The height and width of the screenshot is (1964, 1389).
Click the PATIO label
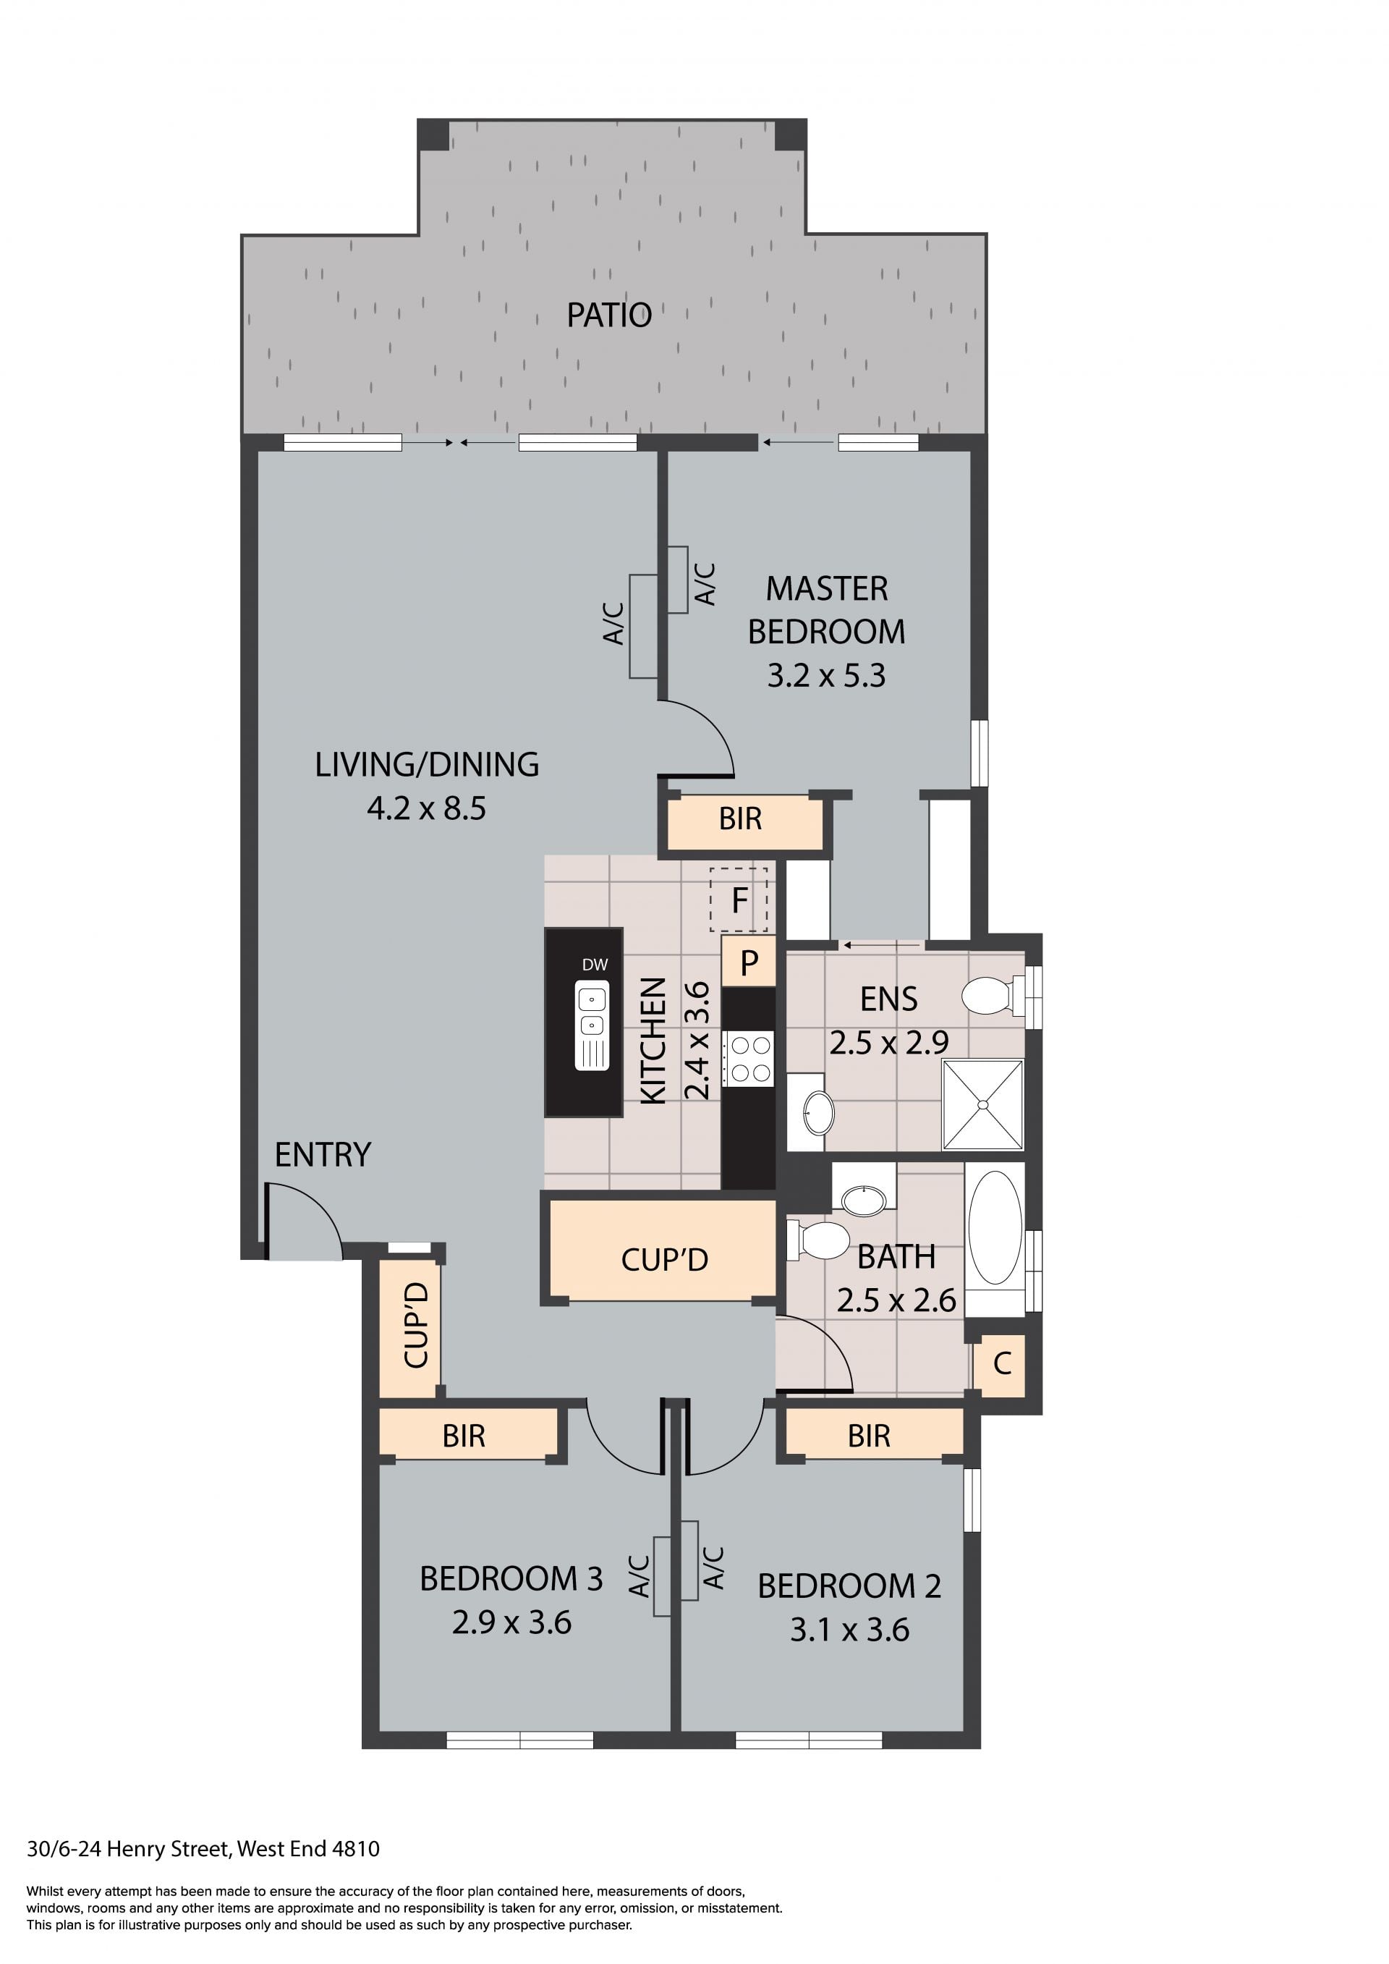tap(609, 316)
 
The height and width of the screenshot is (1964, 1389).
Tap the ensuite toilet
tap(993, 996)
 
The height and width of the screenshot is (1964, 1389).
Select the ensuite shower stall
tap(982, 1104)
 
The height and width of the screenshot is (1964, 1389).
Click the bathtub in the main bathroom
tap(995, 1227)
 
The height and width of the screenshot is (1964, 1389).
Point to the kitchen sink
tap(592, 1025)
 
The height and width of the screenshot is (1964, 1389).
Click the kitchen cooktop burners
tap(749, 1059)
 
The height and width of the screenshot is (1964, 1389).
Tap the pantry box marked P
tap(748, 962)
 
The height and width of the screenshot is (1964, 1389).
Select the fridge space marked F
tap(739, 900)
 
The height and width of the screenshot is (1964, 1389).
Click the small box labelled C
tap(1001, 1363)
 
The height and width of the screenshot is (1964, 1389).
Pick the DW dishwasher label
tap(595, 965)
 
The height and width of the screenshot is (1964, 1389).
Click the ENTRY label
tap(323, 1155)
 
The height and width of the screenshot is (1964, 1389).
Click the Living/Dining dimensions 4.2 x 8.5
tap(426, 808)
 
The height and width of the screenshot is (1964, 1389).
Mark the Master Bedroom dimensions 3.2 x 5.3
tap(825, 676)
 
